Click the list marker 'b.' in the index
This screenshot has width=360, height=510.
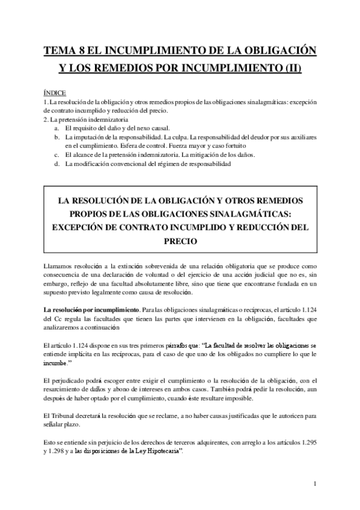click(56, 137)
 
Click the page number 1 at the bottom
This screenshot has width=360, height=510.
click(315, 483)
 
